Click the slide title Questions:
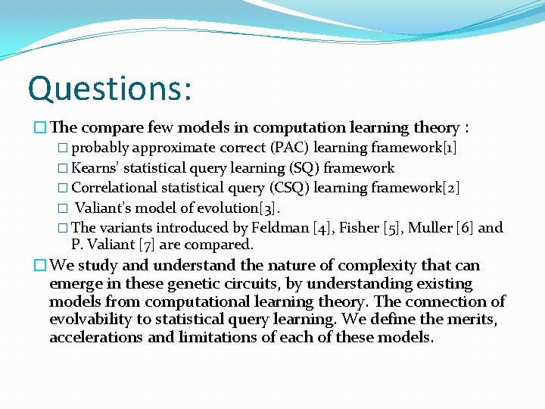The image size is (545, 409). click(x=110, y=88)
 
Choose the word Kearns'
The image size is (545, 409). click(x=95, y=167)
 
